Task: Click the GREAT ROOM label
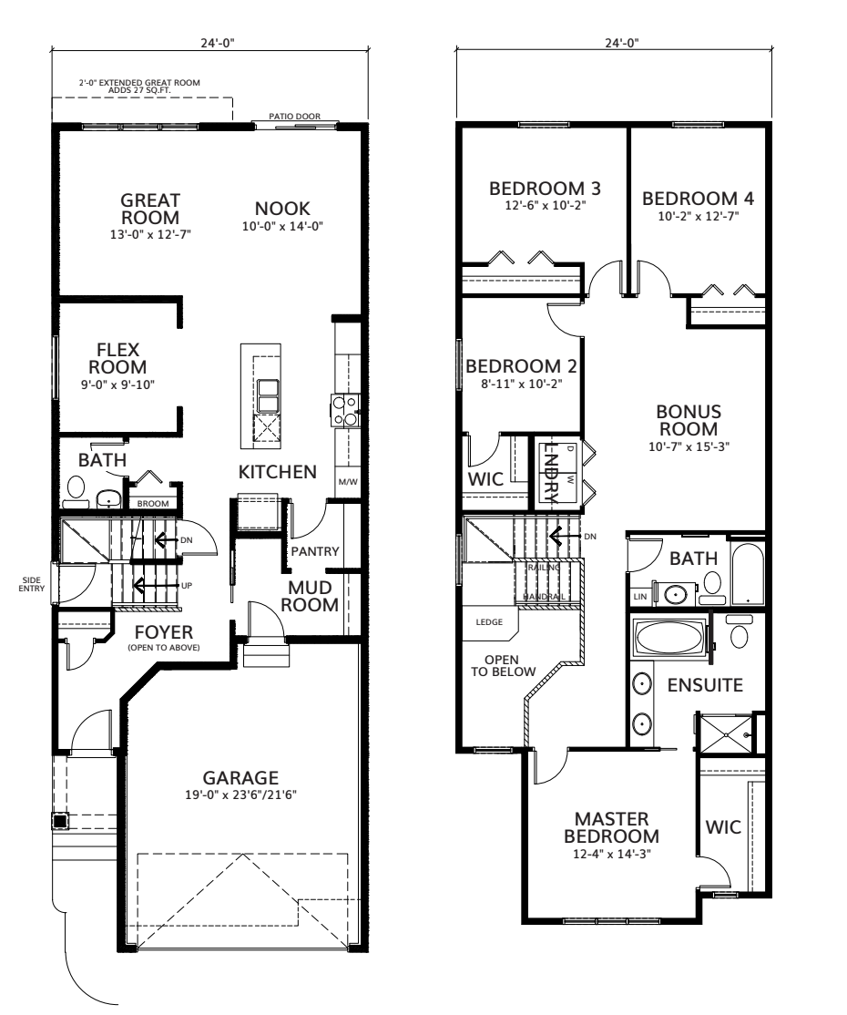pos(150,208)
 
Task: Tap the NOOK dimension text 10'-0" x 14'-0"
pos(282,226)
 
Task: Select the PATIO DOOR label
pos(291,116)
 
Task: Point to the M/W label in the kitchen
pos(346,481)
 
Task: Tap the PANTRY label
pos(314,550)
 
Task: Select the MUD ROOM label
pos(313,595)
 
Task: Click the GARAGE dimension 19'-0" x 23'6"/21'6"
pos(240,795)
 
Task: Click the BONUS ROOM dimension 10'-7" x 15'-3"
pos(688,446)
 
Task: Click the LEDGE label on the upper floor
pos(489,623)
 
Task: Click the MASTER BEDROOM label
pos(610,826)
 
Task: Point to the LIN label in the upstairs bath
pos(640,597)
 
